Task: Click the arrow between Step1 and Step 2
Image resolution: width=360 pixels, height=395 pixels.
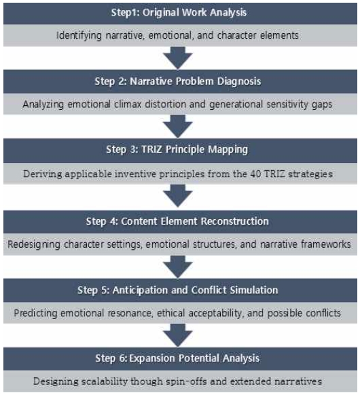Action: [178, 58]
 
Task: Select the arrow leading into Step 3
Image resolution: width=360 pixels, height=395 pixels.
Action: [178, 126]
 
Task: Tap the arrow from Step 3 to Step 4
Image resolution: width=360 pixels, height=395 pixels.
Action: [178, 195]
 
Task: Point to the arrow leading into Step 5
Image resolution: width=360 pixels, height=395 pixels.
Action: [178, 267]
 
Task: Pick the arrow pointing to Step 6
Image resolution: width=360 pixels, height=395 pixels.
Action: [178, 335]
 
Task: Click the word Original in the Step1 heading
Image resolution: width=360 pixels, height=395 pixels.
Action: [160, 13]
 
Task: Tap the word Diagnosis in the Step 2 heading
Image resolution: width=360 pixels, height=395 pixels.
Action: [239, 81]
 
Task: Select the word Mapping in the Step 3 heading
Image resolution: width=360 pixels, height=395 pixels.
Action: [228, 149]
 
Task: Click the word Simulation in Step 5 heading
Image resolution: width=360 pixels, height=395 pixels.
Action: [254, 290]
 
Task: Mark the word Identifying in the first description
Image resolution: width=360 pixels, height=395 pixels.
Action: [79, 35]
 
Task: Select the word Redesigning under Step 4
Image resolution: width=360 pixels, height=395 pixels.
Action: [34, 244]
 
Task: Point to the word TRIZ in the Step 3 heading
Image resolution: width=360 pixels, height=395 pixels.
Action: [151, 149]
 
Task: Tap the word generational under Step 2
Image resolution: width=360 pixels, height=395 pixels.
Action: [236, 105]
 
